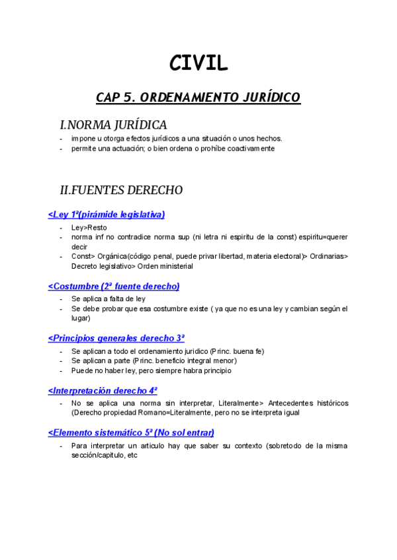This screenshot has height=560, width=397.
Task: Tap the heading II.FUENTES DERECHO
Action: click(121, 190)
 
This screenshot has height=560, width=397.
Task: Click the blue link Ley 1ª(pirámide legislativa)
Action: click(107, 214)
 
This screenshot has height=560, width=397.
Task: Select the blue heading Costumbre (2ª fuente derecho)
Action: click(114, 286)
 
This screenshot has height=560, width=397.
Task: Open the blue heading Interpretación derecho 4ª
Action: click(103, 390)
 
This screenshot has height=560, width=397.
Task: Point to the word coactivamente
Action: click(249, 149)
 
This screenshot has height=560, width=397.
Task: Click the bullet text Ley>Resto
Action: click(89, 227)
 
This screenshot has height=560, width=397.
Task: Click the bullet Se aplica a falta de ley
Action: click(109, 298)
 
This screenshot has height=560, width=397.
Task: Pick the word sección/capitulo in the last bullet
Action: click(98, 456)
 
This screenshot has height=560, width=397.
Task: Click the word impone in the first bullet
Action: click(83, 139)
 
